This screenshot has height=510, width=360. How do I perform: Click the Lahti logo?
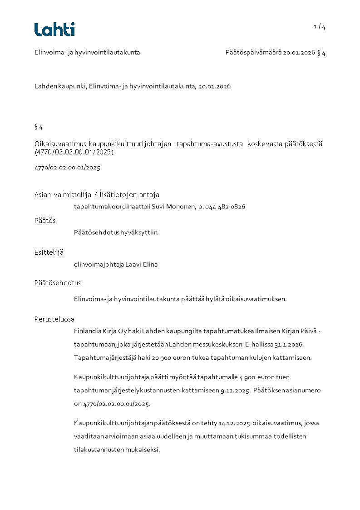(54, 30)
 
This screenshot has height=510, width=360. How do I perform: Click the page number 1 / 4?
(320, 27)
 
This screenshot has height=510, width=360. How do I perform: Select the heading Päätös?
(45, 220)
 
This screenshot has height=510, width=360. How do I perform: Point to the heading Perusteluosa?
(54, 319)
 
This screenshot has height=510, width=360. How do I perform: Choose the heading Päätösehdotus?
(58, 282)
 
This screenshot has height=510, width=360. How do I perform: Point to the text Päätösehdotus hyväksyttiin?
(116, 233)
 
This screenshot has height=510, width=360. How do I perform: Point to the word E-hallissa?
(259, 344)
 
